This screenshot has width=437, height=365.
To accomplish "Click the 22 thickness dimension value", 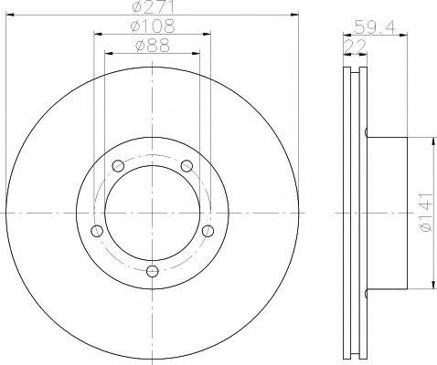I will tap(350, 44).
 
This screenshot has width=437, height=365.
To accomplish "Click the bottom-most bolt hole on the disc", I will tap(151, 269).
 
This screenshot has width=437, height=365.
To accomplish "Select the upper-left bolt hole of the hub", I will tap(117, 165).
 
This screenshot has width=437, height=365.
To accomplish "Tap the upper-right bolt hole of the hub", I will tap(186, 165).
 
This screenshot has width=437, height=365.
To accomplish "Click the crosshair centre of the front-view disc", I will tap(151, 212).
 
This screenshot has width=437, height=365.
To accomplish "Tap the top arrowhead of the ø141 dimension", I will tap(428, 141).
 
